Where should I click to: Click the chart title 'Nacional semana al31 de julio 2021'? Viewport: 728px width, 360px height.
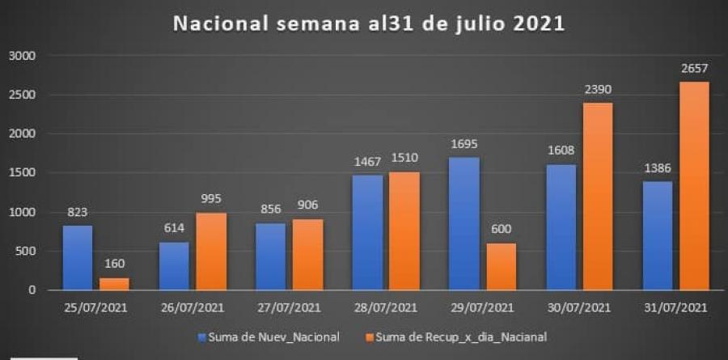point(369,24)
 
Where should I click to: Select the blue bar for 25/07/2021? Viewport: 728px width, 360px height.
point(78,257)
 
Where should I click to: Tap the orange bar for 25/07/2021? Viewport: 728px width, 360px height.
point(114,283)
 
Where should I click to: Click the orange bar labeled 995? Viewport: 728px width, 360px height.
point(210,251)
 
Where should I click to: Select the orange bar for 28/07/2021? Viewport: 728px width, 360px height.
point(403,231)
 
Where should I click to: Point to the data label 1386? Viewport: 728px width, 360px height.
point(656,170)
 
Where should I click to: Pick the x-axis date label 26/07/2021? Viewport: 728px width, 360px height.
point(193,307)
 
